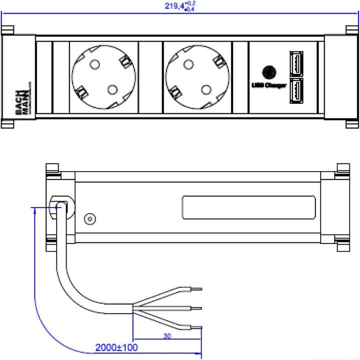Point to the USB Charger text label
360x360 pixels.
click(268, 85)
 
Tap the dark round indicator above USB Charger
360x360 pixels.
click(268, 71)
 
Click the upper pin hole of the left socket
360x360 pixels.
click(93, 64)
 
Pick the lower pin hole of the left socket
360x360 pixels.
click(112, 89)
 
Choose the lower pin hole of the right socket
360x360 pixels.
click(205, 89)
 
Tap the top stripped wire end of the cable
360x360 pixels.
click(196, 289)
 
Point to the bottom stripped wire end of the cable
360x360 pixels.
click(196, 327)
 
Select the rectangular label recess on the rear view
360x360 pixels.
click(248, 207)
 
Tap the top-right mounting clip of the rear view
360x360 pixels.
click(343, 170)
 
